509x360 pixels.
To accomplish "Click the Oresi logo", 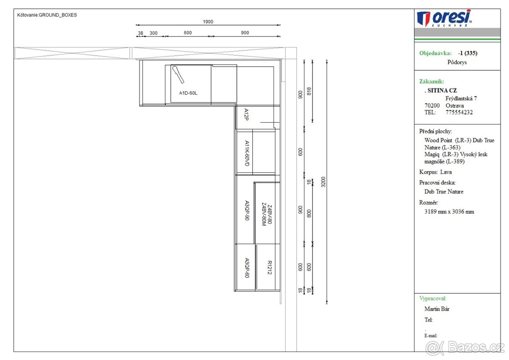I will coord(445,18).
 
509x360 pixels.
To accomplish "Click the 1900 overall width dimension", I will coord(208,22).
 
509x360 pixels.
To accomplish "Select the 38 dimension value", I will coord(140,33).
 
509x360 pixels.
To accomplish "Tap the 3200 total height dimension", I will coord(324,182).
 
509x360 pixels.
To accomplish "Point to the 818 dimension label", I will coord(309,91).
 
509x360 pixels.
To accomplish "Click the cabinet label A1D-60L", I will coord(188,93).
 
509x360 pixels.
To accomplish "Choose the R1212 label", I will coord(269,267).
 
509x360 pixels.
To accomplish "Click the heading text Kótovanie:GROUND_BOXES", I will coord(47,15).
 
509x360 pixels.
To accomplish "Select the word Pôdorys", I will coord(457,62).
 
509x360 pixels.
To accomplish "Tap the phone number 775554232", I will coord(459,112).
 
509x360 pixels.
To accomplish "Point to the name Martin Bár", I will coord(437,309).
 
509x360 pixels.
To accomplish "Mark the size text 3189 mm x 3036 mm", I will coord(449,211).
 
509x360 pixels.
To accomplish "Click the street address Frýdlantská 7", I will coord(461,98).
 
